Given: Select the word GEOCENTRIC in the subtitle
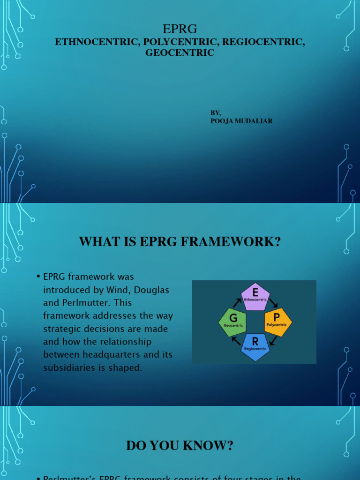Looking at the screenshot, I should click(x=180, y=53).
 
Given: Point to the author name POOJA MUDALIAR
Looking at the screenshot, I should click(x=241, y=121).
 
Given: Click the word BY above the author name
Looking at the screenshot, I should click(x=215, y=113).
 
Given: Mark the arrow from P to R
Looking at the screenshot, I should click(x=273, y=341).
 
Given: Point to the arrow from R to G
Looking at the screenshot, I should click(x=236, y=341).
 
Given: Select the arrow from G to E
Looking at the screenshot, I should click(x=236, y=301).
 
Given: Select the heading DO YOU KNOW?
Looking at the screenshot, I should click(x=180, y=446).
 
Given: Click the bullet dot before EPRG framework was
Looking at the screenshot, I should click(x=38, y=277).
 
